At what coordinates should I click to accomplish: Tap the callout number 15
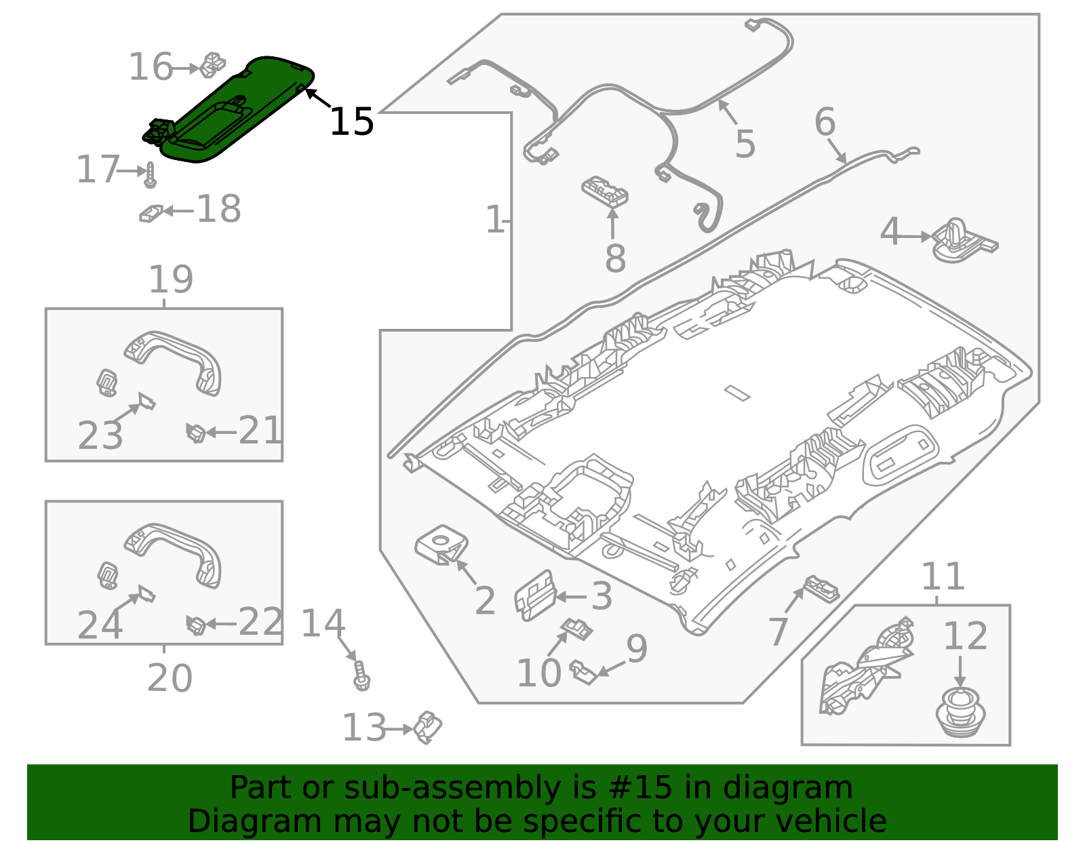click(x=351, y=122)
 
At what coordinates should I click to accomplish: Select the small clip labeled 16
click(x=212, y=64)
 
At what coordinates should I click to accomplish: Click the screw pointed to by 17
click(x=151, y=175)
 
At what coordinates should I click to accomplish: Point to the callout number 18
click(x=218, y=209)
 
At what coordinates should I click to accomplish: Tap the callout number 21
click(x=260, y=430)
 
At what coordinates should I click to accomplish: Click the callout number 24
click(x=100, y=625)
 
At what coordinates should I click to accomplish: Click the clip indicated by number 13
click(x=428, y=727)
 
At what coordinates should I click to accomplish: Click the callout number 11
click(x=943, y=576)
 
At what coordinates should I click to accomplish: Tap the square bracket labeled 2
click(x=441, y=545)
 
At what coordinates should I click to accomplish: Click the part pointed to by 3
click(x=535, y=595)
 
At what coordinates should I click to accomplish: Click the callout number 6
click(x=825, y=122)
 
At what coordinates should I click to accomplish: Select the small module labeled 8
click(x=606, y=191)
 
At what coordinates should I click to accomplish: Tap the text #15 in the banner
click(x=640, y=787)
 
